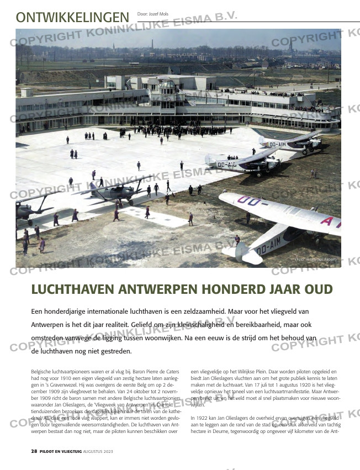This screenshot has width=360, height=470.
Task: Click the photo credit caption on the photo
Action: tap(316, 259)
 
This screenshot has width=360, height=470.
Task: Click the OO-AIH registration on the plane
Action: tap(274, 145)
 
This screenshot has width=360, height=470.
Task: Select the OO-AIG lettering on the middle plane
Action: tap(227, 165)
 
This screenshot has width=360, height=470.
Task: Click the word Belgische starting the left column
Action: tap(41, 372)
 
